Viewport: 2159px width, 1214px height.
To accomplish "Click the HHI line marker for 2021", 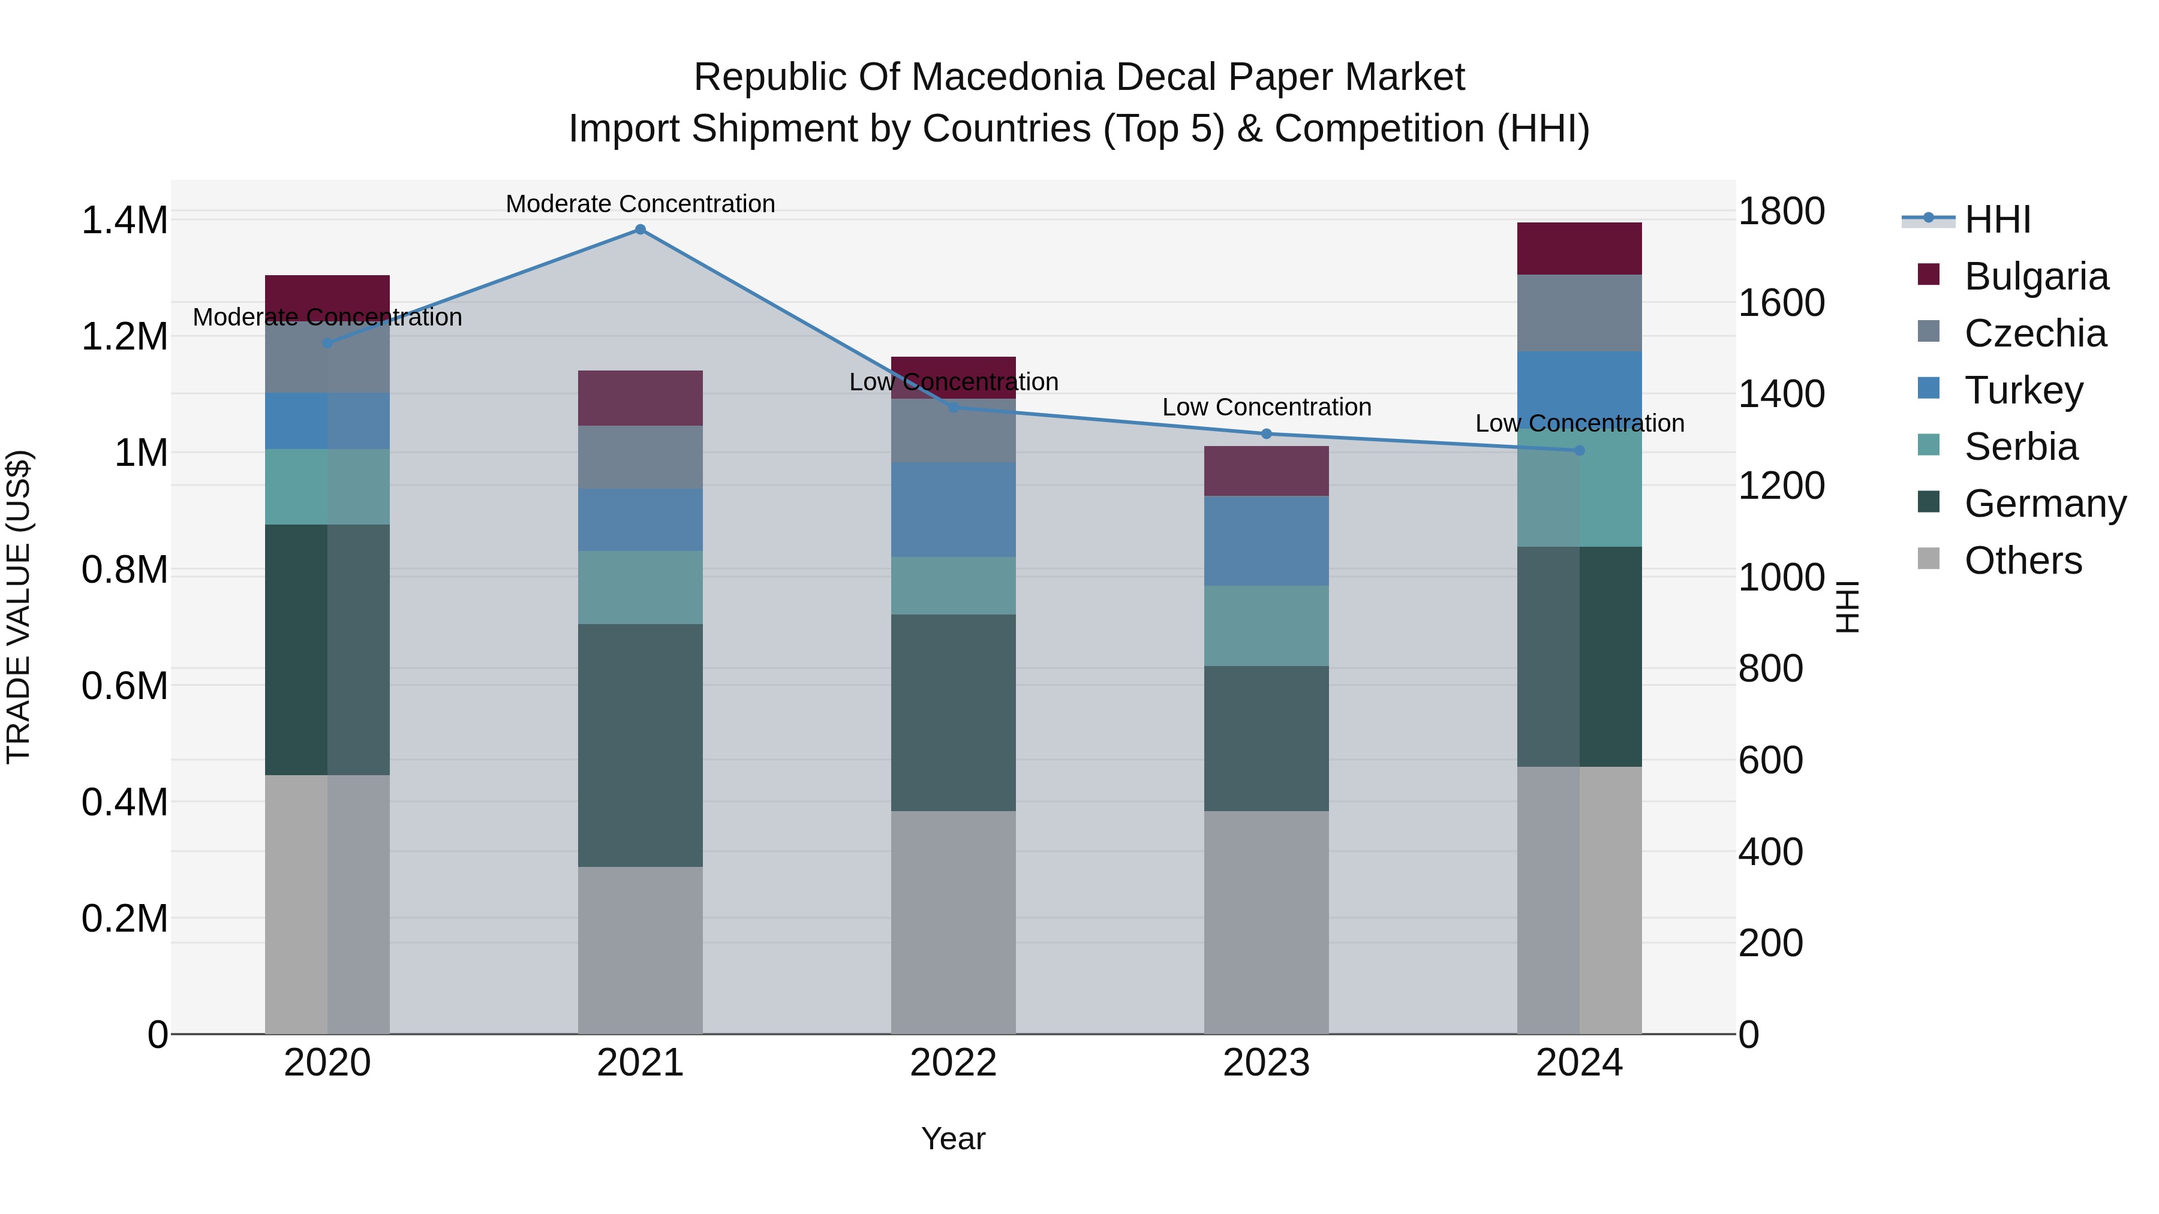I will tap(641, 230).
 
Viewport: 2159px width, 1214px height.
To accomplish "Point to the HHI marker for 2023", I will tap(1267, 434).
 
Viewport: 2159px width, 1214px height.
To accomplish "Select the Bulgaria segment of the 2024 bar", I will tap(1579, 249).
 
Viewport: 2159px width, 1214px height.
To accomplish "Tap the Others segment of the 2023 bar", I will tap(1267, 921).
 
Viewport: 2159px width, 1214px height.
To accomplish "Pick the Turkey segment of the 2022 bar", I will tap(953, 510).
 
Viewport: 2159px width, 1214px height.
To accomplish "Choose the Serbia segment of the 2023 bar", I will tap(1267, 626).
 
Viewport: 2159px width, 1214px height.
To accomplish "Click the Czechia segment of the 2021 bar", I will tap(641, 457).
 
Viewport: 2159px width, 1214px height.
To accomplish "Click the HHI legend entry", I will tap(1997, 219).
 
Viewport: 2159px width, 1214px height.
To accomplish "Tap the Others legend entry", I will tap(2022, 561).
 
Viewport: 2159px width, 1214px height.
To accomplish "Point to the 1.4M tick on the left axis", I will tap(124, 221).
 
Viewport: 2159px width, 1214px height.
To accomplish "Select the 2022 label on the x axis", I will tap(953, 1063).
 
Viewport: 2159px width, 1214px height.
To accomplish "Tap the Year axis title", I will tap(953, 1138).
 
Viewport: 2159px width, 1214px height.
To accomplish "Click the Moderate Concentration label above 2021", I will tap(641, 204).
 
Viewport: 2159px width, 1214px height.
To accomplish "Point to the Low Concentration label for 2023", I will tap(1267, 407).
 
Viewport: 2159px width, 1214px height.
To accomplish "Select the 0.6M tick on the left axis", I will tap(124, 686).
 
